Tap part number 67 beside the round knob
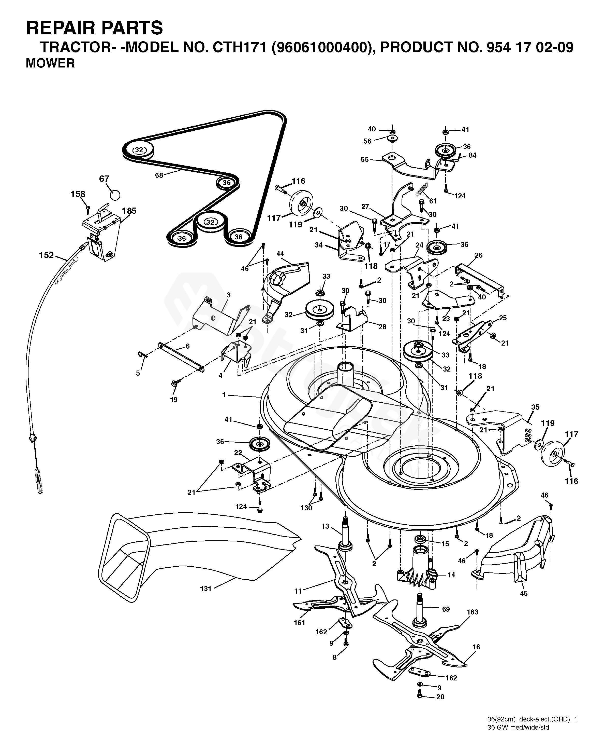tap(104, 179)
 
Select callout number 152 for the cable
tap(46, 255)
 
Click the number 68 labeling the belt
tap(159, 175)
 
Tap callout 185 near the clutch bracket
tap(129, 211)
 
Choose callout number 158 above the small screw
tap(78, 194)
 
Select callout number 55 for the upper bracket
tap(364, 159)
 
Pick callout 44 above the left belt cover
tap(280, 254)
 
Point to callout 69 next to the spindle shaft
tap(446, 609)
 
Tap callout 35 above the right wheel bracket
tap(535, 407)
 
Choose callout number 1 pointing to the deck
tap(224, 395)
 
